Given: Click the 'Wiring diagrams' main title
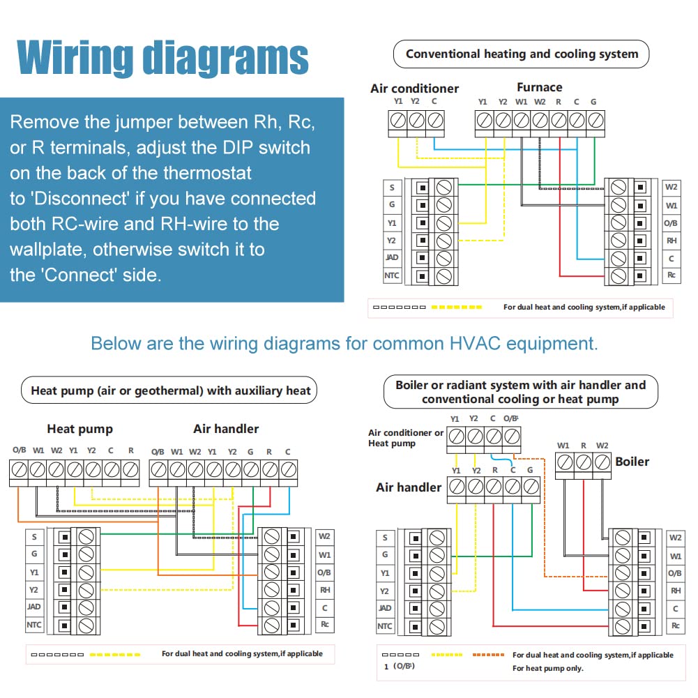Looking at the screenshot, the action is [162, 58].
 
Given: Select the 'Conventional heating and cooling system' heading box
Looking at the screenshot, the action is [522, 54].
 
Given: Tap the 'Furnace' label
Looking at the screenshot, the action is [540, 87].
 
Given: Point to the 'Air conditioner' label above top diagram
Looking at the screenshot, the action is [414, 89].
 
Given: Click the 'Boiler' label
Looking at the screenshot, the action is [632, 462].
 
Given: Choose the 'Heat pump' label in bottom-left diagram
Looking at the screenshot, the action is [80, 429].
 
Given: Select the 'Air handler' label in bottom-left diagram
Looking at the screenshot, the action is [226, 429].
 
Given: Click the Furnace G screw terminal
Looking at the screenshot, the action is [595, 120].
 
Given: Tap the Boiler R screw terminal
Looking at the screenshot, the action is [583, 462].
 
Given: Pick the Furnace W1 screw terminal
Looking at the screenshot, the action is [522, 120].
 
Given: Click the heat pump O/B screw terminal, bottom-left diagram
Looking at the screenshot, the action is [19, 470].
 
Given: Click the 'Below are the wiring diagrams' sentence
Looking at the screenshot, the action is [344, 344].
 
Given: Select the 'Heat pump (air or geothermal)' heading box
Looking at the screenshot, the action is [169, 390].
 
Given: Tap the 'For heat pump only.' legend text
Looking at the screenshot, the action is [548, 668].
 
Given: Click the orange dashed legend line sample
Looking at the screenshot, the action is [488, 655].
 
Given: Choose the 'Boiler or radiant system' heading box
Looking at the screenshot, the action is [521, 392].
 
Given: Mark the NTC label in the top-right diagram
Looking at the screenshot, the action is [392, 275].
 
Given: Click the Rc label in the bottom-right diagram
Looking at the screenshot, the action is [675, 625].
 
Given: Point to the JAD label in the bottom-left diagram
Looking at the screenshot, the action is [34, 607].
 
